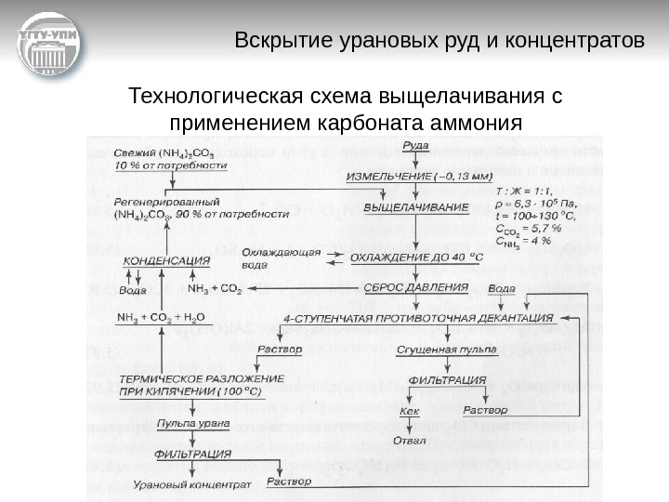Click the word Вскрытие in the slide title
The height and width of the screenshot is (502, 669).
pos(275,42)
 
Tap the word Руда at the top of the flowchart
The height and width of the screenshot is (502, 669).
pos(416,146)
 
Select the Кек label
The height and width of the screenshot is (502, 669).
pos(409,409)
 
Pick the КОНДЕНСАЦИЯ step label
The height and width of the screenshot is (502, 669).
pos(166,261)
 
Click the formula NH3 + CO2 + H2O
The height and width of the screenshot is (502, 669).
pos(160,317)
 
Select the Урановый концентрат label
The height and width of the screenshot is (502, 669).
pos(191,484)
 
